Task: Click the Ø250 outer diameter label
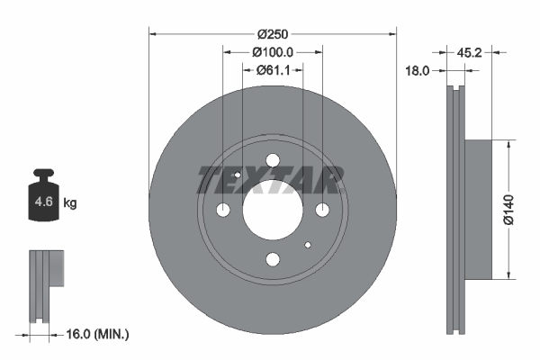pos(273,34)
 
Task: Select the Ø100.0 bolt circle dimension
pos(273,52)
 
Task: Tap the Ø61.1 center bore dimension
pos(273,70)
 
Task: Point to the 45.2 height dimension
pos(469,53)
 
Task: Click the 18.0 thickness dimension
pos(417,71)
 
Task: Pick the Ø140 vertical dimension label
pos(508,210)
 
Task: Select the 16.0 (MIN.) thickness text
pos(97,334)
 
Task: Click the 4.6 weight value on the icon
pos(44,202)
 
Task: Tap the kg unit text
pos(70,202)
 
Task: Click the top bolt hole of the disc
pos(273,160)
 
